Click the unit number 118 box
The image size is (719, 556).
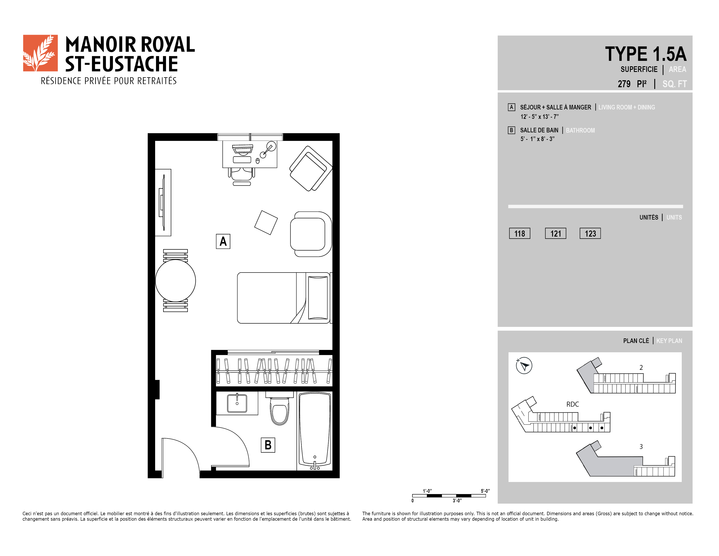coord(519,233)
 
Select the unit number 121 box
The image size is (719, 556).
coord(555,233)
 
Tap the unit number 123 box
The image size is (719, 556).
coord(590,233)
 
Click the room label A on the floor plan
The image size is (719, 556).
coord(223,241)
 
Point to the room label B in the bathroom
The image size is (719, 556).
coord(268,445)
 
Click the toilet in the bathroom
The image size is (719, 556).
coord(280,408)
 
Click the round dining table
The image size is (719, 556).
coord(175,281)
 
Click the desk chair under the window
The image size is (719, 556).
coord(242,176)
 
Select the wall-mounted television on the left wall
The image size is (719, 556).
coord(163,203)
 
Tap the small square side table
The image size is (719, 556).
coord(266,223)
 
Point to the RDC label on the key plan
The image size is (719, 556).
coord(573,404)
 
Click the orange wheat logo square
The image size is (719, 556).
coord(40,53)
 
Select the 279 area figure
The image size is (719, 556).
coord(624,84)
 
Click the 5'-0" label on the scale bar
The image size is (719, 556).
coord(485,491)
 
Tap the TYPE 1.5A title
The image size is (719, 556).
coord(646,54)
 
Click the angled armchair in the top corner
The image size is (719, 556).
coord(311,168)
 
